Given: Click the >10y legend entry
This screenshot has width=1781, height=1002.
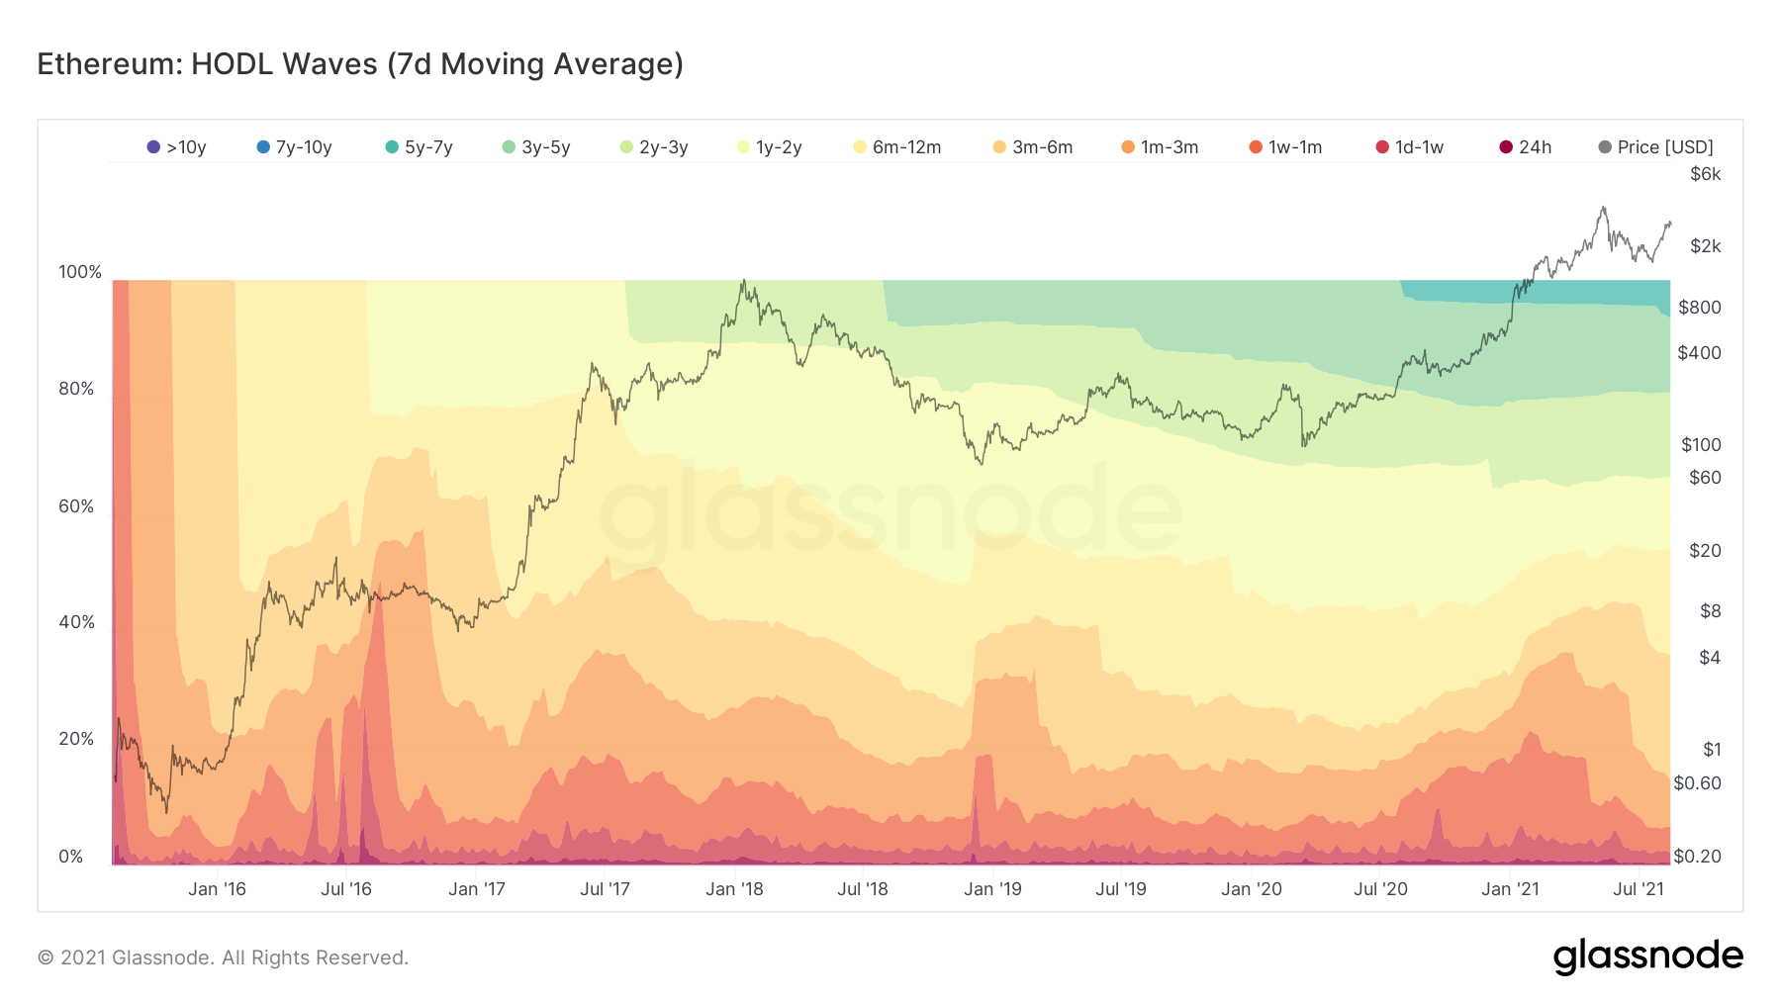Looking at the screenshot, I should (x=177, y=147).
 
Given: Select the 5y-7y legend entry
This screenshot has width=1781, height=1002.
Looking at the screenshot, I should (x=420, y=147).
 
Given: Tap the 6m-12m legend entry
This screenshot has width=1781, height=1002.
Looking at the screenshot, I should (x=897, y=147).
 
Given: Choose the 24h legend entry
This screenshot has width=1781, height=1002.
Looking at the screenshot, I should (x=1526, y=147).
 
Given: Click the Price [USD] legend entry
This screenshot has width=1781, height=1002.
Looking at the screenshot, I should (x=1656, y=147).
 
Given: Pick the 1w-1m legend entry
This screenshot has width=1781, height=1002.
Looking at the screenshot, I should (x=1286, y=147).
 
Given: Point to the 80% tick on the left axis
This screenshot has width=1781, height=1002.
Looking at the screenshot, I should (x=76, y=389).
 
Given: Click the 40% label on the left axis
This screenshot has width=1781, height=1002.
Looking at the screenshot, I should (x=76, y=622).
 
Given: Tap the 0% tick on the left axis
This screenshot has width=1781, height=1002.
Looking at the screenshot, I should (x=71, y=857).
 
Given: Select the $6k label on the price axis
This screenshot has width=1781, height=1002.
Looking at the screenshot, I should (x=1706, y=174).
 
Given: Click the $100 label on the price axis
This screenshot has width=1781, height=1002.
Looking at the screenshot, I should (x=1701, y=445).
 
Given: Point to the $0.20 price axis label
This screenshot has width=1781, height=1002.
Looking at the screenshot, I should (x=1697, y=857).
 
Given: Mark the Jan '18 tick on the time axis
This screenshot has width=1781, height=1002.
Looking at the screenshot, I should (x=734, y=889).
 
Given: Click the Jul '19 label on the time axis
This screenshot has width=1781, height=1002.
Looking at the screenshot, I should (x=1121, y=889).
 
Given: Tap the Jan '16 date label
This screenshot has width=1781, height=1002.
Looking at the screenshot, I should (x=217, y=889).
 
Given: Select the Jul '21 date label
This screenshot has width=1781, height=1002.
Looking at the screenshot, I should (x=1639, y=889).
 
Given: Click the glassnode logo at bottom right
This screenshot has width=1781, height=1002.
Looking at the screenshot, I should (x=1647, y=956).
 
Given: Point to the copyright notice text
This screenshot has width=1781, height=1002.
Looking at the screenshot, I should (x=223, y=957).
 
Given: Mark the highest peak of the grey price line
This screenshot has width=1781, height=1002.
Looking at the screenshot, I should (x=1603, y=208).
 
